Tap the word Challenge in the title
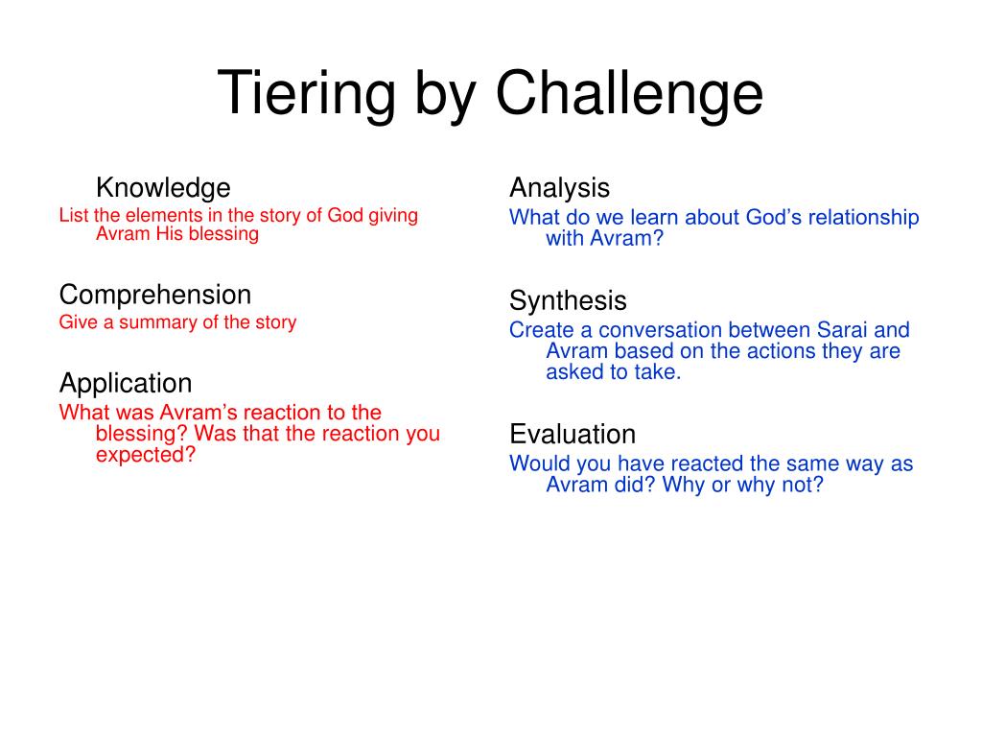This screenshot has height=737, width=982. click(629, 93)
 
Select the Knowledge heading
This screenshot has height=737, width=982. click(163, 188)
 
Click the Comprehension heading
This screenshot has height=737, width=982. click(155, 296)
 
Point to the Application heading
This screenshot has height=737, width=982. click(126, 384)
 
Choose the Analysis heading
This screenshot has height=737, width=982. click(560, 188)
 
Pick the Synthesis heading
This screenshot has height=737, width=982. click(568, 300)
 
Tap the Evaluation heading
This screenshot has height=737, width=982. click(573, 434)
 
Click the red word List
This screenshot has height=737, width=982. click(74, 215)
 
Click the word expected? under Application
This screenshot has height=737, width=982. click(146, 454)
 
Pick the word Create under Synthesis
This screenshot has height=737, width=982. click(542, 330)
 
